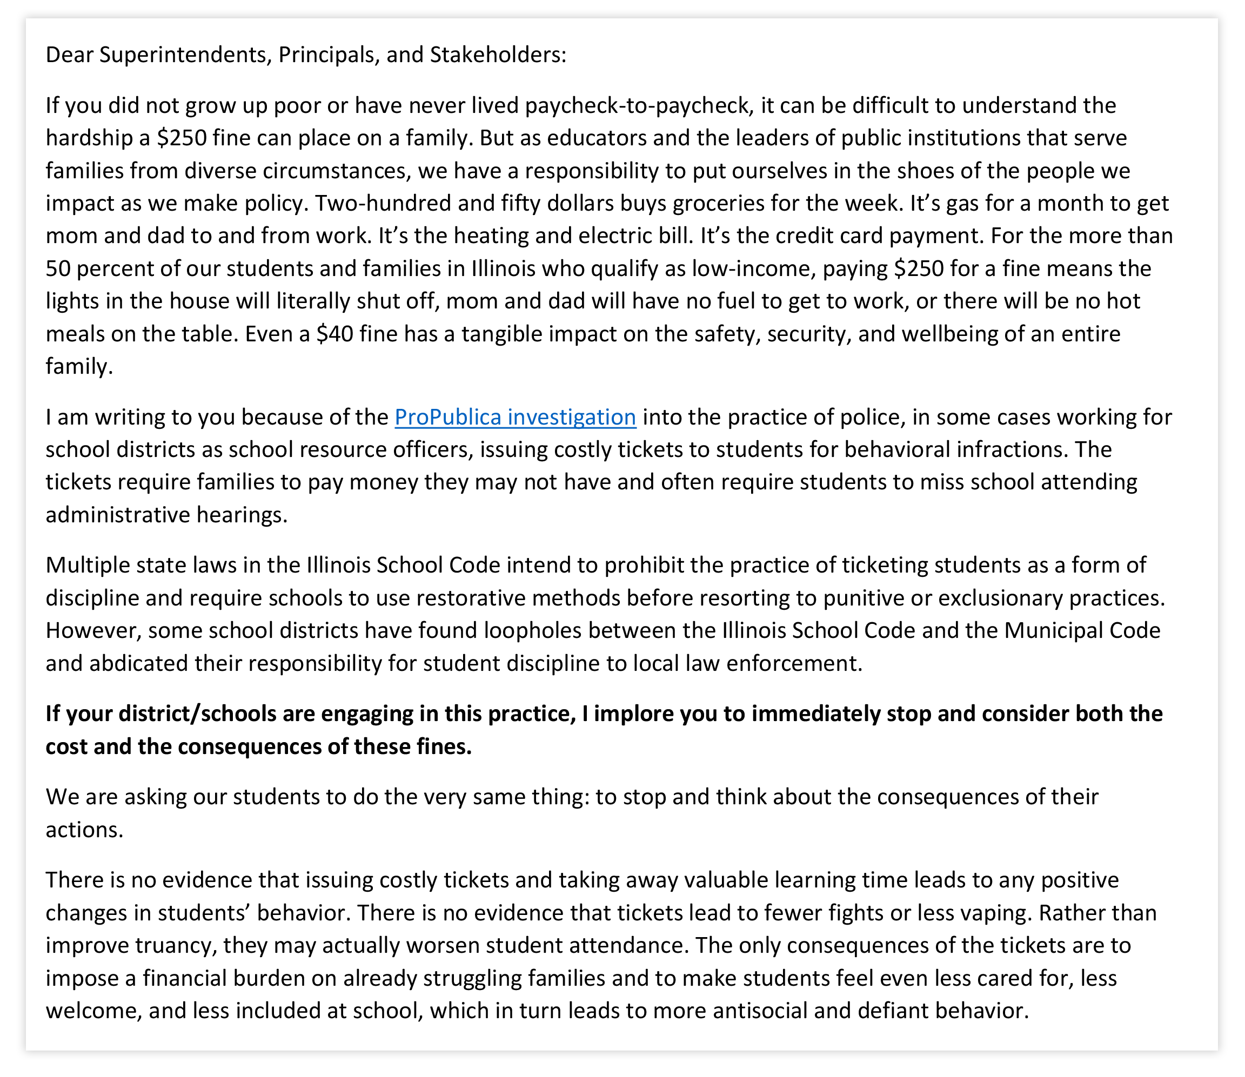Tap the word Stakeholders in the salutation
coord(497,55)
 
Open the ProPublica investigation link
coord(515,417)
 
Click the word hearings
coord(244,515)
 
